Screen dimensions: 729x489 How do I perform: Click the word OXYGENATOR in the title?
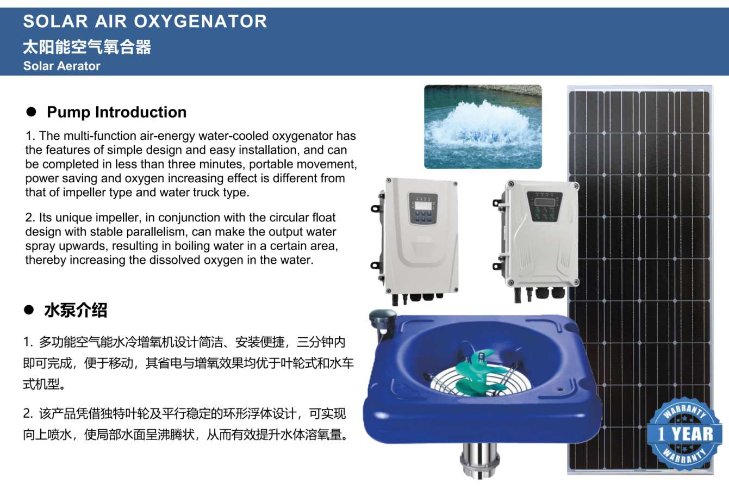coord(201,22)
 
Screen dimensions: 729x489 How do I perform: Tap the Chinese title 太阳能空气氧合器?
coord(87,47)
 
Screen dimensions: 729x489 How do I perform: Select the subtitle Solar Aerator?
coord(62,66)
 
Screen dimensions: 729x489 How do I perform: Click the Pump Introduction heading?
coord(116,112)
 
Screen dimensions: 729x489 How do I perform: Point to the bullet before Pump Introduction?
coord(31,112)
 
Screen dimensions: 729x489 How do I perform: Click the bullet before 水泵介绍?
coord(29,310)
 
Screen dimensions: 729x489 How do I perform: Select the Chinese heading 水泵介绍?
coord(76,310)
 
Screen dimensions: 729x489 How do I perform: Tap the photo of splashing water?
coord(483,127)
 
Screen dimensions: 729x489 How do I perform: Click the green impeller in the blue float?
coord(478,374)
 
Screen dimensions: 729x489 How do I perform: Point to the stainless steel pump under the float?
coord(479,460)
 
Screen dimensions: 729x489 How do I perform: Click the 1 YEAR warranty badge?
coord(683,434)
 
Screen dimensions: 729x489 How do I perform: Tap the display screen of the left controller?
coord(423,206)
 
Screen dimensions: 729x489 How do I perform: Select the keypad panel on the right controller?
coord(545,207)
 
